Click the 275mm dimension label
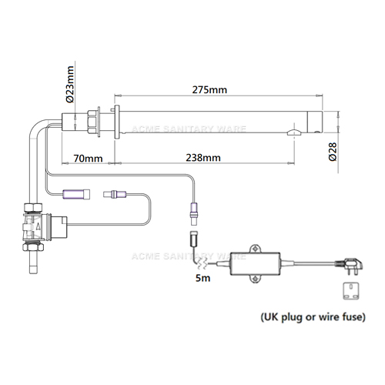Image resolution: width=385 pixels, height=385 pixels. tap(209, 90)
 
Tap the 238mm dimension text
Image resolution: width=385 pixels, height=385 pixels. tap(203, 158)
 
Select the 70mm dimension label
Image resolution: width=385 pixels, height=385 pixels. tap(88, 159)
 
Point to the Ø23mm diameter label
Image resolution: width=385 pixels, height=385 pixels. tap(70, 84)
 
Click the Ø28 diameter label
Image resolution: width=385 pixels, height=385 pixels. tap(333, 152)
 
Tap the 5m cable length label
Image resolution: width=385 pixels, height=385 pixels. tap(203, 278)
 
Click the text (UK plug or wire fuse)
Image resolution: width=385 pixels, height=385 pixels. tap(313, 317)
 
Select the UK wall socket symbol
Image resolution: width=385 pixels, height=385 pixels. tap(351, 291)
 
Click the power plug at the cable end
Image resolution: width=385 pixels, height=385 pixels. tap(350, 266)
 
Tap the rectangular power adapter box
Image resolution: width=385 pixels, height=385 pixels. tap(255, 263)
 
